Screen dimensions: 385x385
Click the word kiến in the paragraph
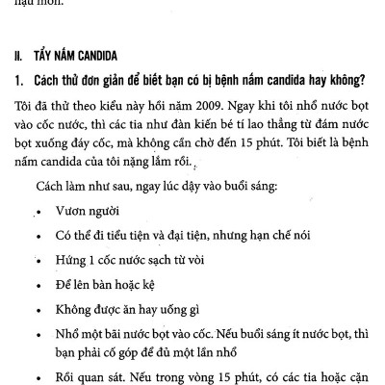pyautogui.click(x=209, y=120)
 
